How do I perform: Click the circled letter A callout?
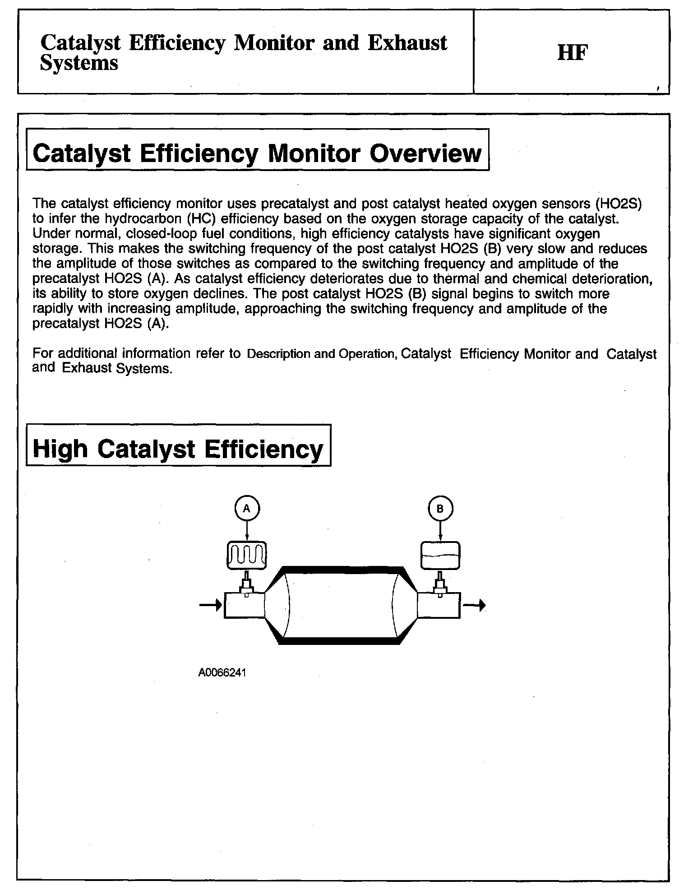(247, 509)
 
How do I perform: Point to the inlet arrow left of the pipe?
(211, 605)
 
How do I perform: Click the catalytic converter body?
(341, 605)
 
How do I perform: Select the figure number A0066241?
(222, 672)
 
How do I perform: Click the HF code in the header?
(573, 53)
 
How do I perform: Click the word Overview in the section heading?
(425, 153)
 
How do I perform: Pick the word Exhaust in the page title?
(407, 43)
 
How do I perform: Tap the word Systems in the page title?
(79, 63)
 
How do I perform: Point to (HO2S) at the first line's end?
(619, 204)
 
